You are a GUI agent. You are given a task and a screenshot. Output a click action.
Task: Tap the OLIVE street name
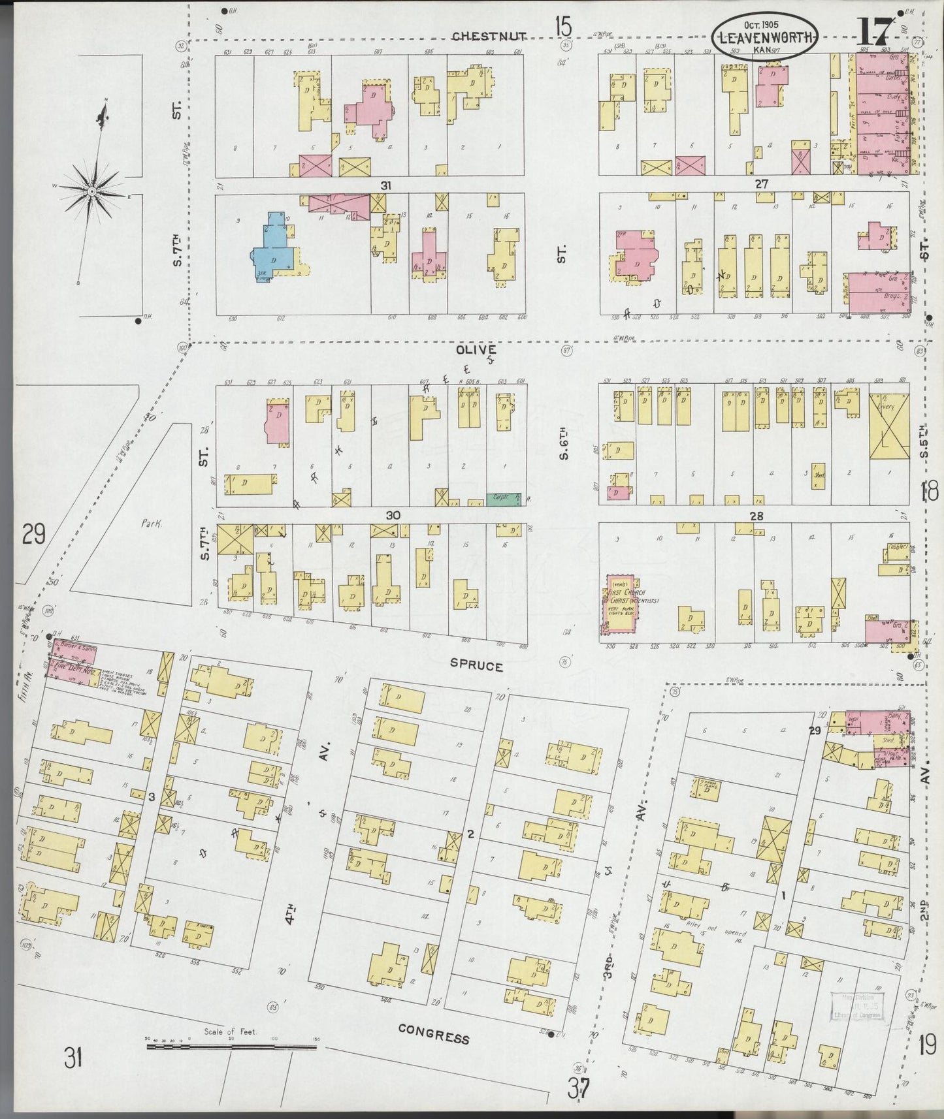coord(476,350)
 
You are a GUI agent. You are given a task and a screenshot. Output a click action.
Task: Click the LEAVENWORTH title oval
coord(764,37)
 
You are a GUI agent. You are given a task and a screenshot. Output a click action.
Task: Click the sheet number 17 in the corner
coord(875,30)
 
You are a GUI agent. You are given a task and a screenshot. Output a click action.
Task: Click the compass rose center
coord(92,191)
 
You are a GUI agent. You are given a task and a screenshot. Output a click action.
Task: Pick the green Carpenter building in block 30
coord(503,499)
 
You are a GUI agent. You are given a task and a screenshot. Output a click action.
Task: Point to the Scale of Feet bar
coord(231,1047)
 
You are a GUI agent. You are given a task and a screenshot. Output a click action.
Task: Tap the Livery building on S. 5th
coord(888,428)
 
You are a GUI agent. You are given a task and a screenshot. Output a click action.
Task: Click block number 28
coord(757,516)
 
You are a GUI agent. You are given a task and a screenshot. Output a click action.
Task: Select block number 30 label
coord(393,515)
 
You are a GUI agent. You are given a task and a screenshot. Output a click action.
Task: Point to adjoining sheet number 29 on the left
coord(34,535)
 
